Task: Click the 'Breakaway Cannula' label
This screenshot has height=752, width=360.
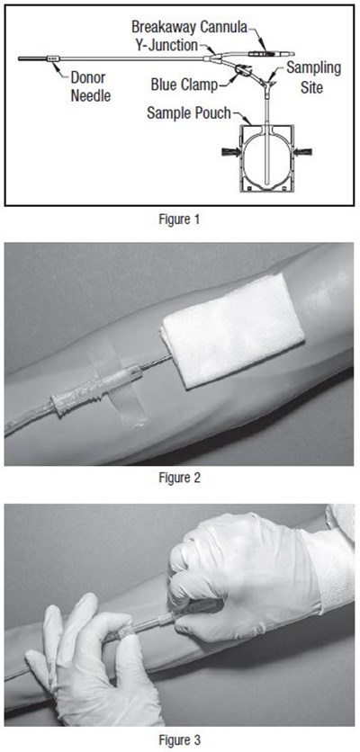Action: [189, 27]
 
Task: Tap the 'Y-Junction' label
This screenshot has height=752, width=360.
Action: [166, 45]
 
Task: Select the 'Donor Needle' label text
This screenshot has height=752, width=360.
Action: [91, 86]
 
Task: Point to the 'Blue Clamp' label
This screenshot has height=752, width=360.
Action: [184, 85]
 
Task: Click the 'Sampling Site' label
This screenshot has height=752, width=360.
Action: [313, 76]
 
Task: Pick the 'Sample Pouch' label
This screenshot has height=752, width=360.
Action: [189, 113]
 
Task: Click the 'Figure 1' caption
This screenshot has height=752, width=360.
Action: [179, 219]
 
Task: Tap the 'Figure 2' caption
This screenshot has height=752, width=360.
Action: [179, 478]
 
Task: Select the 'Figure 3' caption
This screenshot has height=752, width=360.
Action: [179, 739]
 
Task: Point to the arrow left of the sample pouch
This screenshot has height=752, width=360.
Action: [231, 152]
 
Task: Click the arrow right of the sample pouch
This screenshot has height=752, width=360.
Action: [303, 151]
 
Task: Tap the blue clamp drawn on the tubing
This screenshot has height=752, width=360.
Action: [243, 71]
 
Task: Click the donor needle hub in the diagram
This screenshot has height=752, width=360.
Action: [53, 58]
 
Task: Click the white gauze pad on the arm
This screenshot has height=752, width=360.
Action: [233, 330]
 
